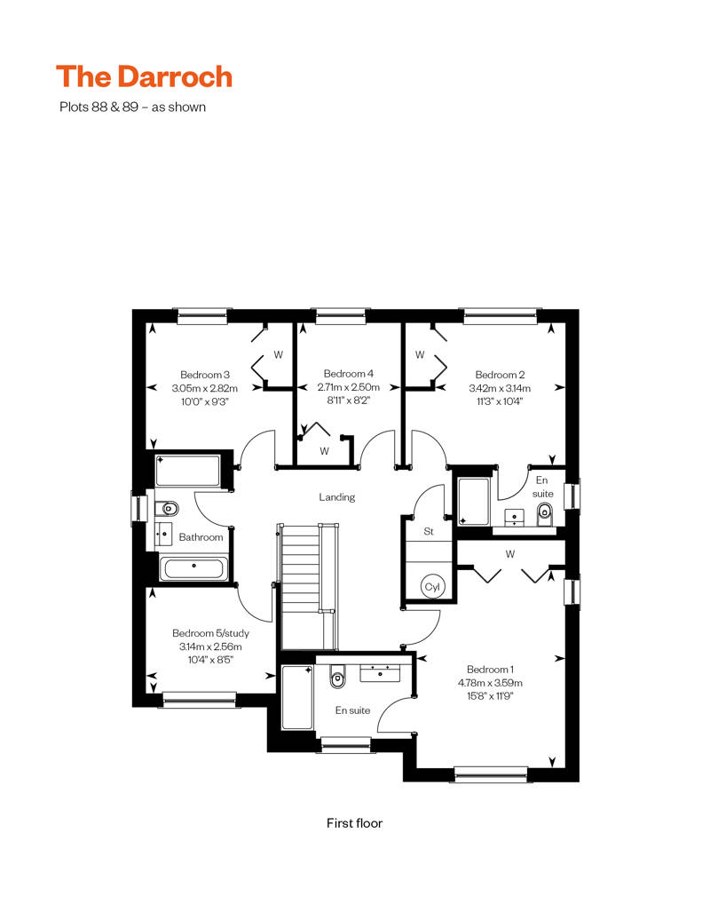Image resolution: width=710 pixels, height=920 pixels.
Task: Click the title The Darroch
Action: coord(145,77)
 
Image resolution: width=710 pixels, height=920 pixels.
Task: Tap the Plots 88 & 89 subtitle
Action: coord(132,107)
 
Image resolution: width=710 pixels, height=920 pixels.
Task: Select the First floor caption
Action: coord(354,823)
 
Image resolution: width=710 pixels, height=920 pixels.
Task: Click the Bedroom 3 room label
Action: coord(205,375)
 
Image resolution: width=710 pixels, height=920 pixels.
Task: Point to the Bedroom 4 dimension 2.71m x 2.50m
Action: coord(348,387)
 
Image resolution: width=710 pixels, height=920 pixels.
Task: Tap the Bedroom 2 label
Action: coord(500,375)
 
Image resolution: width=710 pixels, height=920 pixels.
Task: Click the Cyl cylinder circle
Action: coord(433,587)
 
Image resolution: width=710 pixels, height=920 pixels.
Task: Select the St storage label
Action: coord(429,532)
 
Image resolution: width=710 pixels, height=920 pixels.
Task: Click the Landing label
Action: coord(337,497)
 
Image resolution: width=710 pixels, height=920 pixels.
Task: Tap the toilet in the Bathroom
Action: coord(167,508)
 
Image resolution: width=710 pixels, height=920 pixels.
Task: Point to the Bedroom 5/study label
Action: coord(210,633)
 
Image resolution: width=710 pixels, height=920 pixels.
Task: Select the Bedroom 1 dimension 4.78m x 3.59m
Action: coord(490,683)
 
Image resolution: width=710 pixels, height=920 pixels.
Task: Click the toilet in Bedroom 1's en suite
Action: coord(337,677)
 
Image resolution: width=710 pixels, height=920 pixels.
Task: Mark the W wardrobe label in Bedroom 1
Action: coord(510,554)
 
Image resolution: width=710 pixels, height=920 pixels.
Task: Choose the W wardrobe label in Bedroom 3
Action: coord(279,354)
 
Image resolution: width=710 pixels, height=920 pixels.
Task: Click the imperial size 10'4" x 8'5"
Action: coord(210,660)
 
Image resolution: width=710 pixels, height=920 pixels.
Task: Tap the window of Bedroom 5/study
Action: coord(200,699)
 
